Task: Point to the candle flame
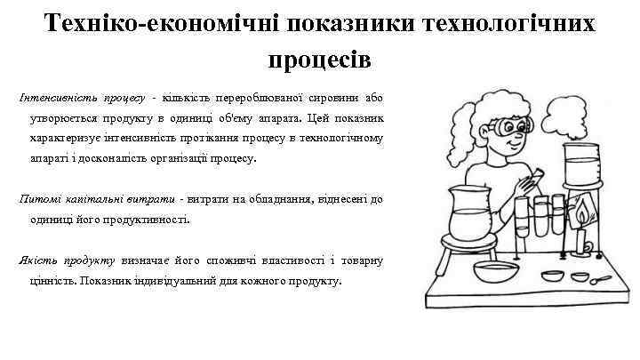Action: [581, 214]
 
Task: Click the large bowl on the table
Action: [496, 270]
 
